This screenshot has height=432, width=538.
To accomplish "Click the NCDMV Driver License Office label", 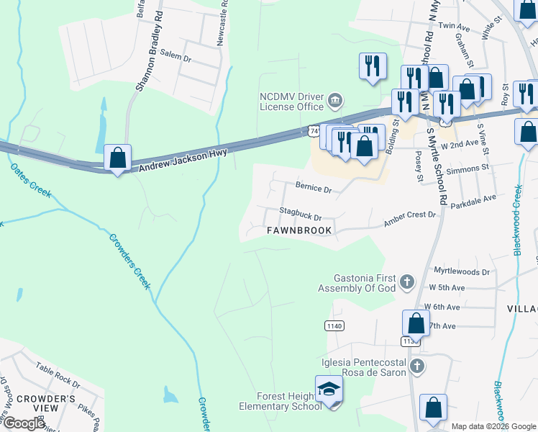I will coord(291,102).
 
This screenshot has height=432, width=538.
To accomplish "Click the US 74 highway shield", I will coord(311,130).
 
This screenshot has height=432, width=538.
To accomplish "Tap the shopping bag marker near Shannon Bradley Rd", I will coord(117,158).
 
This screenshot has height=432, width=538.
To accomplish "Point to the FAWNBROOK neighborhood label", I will coord(299,230).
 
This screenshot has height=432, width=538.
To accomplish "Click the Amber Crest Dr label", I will coord(410,215).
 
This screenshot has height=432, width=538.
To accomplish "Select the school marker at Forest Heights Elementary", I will coord(328,390).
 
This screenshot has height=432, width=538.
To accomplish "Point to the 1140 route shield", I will coord(334,326).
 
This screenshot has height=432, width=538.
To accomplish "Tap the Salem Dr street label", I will coord(175,55).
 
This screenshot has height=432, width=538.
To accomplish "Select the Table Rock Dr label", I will coord(58,374).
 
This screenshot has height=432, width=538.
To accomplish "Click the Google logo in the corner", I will coord(24,423).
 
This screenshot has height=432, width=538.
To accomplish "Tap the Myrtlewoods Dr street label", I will coord(462,272).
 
